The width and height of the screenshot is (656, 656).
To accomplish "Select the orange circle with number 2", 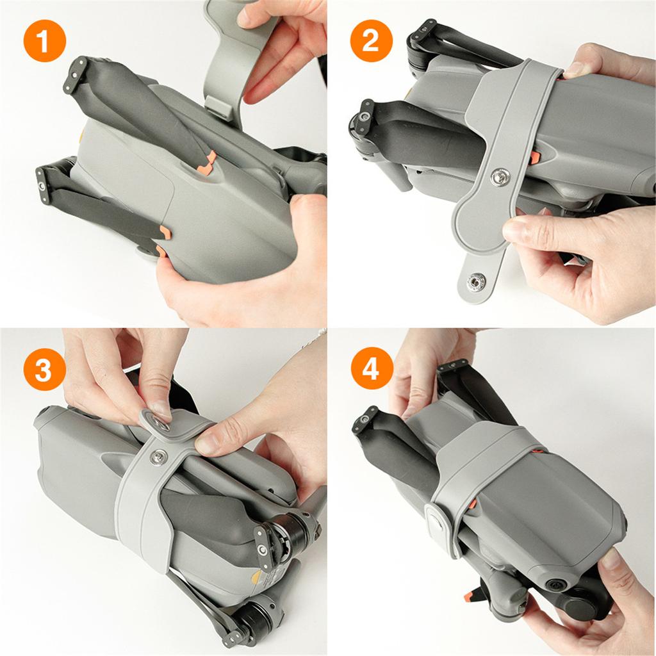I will (x=370, y=43).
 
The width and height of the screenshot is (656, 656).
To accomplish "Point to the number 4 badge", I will (x=372, y=370).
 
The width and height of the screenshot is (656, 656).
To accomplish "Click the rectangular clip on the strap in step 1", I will (x=219, y=105).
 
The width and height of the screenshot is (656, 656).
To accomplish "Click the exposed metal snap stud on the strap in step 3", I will (x=158, y=457).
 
